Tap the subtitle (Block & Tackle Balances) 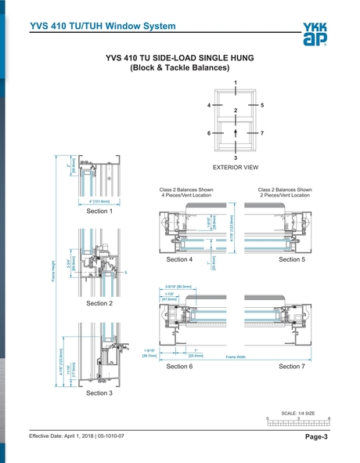click(180, 68)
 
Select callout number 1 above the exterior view click(236, 82)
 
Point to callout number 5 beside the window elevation click(262, 104)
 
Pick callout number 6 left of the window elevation click(209, 134)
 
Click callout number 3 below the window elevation click(236, 157)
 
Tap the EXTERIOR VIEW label click(236, 168)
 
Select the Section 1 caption click(99, 212)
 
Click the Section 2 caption click(99, 302)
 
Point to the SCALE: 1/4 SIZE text click(297, 412)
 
